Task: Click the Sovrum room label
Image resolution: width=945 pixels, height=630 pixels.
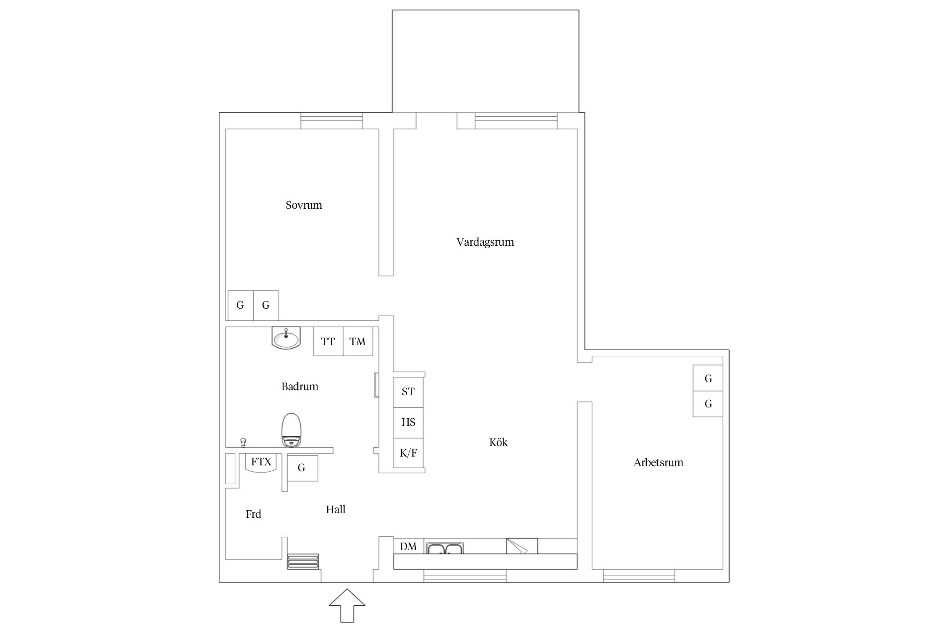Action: [x=304, y=205]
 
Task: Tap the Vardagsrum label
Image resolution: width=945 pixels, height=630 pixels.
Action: [x=485, y=242]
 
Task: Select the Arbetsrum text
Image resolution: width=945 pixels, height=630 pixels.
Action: [x=658, y=462]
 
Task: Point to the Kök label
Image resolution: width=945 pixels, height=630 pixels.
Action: [x=499, y=442]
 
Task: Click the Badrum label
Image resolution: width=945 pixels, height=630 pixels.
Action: [x=299, y=386]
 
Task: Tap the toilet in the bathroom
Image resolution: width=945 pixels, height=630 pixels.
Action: [x=291, y=430]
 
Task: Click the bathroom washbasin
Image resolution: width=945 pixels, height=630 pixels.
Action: [x=286, y=338]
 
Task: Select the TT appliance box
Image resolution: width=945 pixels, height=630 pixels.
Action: [x=328, y=341]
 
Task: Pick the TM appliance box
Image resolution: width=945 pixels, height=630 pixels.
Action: [x=358, y=341]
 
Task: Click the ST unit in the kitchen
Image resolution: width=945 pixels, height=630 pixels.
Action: [x=408, y=392]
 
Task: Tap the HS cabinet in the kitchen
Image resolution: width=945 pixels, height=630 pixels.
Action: [x=408, y=423]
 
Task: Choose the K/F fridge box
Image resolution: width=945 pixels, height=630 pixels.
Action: [x=408, y=453]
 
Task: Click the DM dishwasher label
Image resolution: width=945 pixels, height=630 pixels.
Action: [x=408, y=546]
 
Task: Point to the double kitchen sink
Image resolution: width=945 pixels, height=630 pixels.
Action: [x=445, y=548]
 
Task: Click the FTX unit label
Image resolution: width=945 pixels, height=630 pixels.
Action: [x=261, y=462]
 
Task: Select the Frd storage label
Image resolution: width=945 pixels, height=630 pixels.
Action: [x=253, y=514]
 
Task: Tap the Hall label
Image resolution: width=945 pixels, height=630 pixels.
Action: [x=336, y=509]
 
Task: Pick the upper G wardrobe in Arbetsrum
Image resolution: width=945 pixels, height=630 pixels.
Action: [x=708, y=378]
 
